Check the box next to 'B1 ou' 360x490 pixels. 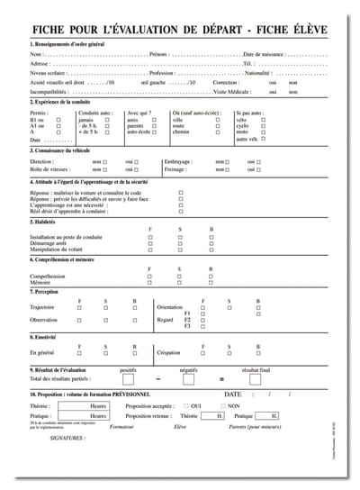(58, 120)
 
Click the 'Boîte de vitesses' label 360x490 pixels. (50, 169)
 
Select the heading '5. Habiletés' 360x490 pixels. (46, 221)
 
